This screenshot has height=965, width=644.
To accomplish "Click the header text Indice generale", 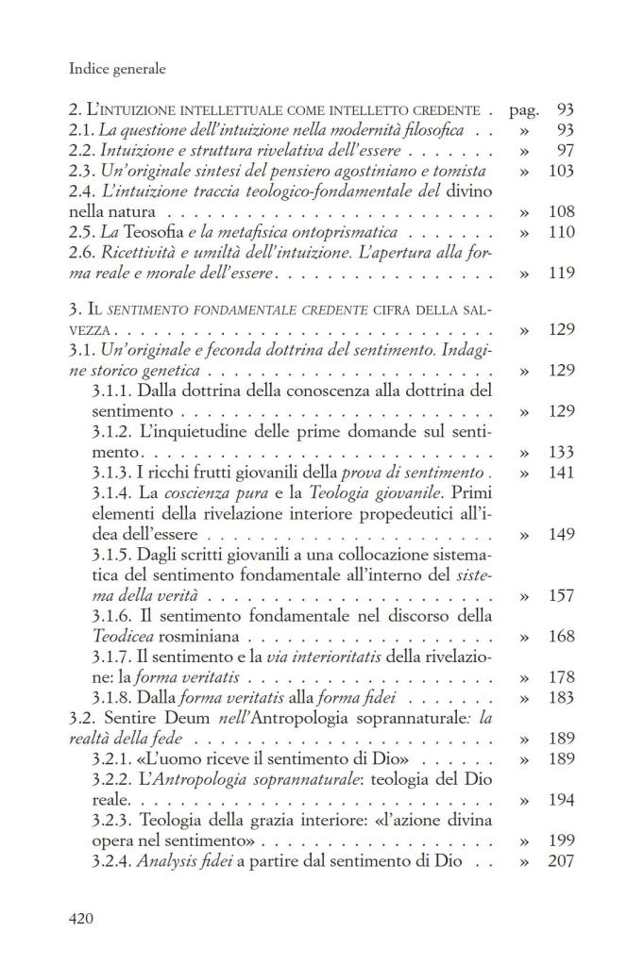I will [x=118, y=68].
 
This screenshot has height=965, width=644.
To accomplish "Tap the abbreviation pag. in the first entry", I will [x=523, y=109].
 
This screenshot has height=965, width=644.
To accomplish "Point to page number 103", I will [x=560, y=171].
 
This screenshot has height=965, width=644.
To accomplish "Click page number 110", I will [x=560, y=232].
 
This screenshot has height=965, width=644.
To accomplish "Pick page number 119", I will [x=560, y=274].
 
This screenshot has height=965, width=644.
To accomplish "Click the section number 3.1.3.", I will [x=112, y=473].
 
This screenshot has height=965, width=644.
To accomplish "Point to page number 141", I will [x=560, y=473].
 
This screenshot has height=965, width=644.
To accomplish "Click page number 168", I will [x=560, y=637].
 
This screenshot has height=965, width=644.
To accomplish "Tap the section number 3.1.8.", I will [x=112, y=698].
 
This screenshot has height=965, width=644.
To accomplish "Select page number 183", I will [x=560, y=698].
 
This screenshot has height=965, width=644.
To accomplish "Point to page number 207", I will [x=560, y=861].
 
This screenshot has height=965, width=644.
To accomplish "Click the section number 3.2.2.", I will [x=112, y=779].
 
